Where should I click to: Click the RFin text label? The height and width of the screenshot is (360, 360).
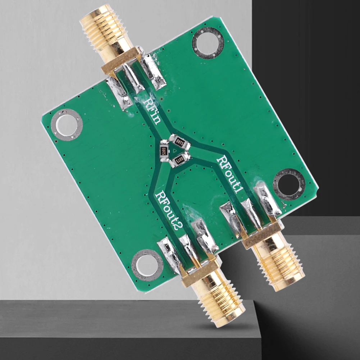click(x=151, y=111)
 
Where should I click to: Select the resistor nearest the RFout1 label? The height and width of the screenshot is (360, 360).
click(x=179, y=142)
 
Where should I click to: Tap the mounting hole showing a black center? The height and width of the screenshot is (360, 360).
click(x=289, y=184)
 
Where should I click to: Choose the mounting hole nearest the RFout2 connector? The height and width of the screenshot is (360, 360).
click(x=147, y=265)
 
